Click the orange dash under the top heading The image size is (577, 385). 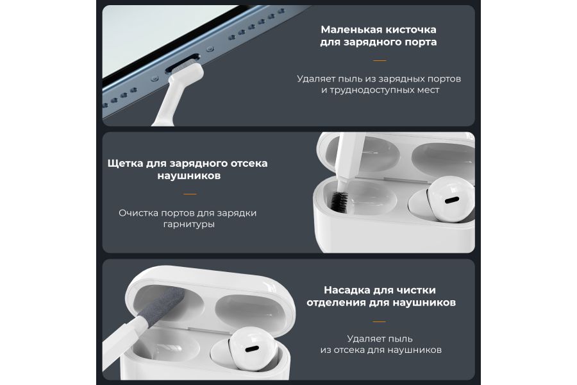[380, 61]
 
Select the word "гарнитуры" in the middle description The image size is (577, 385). [189, 225]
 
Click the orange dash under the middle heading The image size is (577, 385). [189, 193]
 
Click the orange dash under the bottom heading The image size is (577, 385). [380, 321]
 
